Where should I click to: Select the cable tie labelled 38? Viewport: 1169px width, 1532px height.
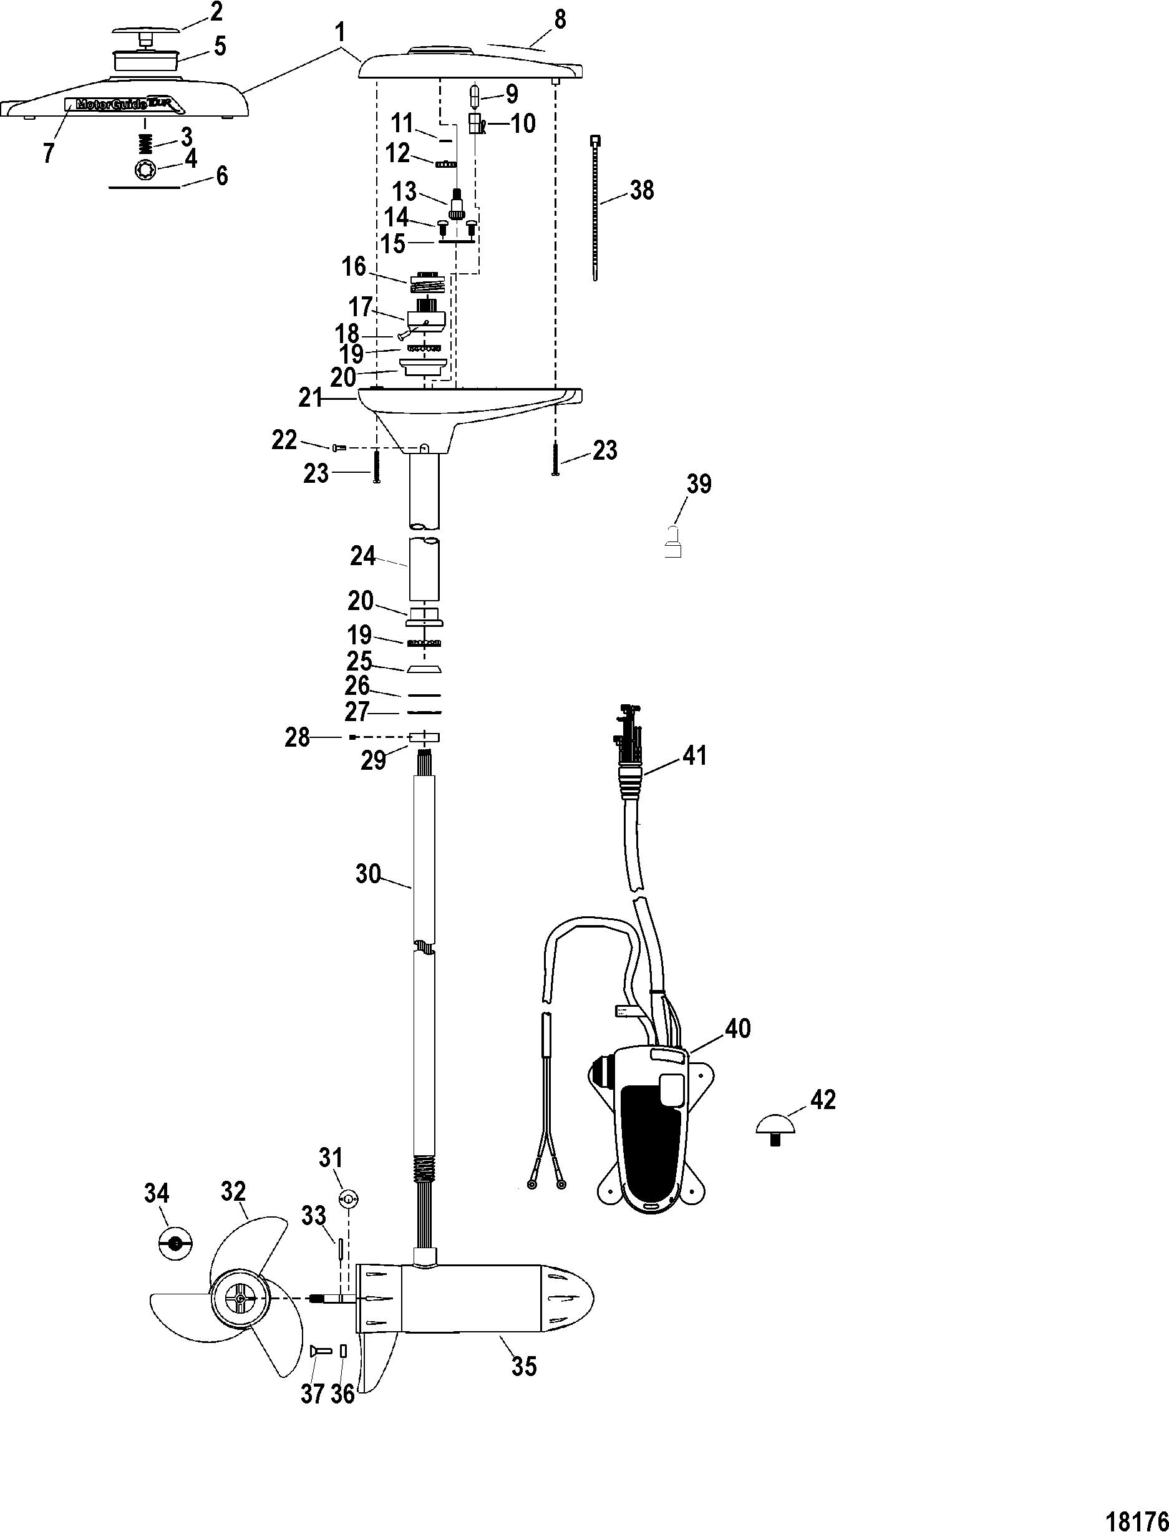595,209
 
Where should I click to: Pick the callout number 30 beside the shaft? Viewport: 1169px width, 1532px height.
368,873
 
